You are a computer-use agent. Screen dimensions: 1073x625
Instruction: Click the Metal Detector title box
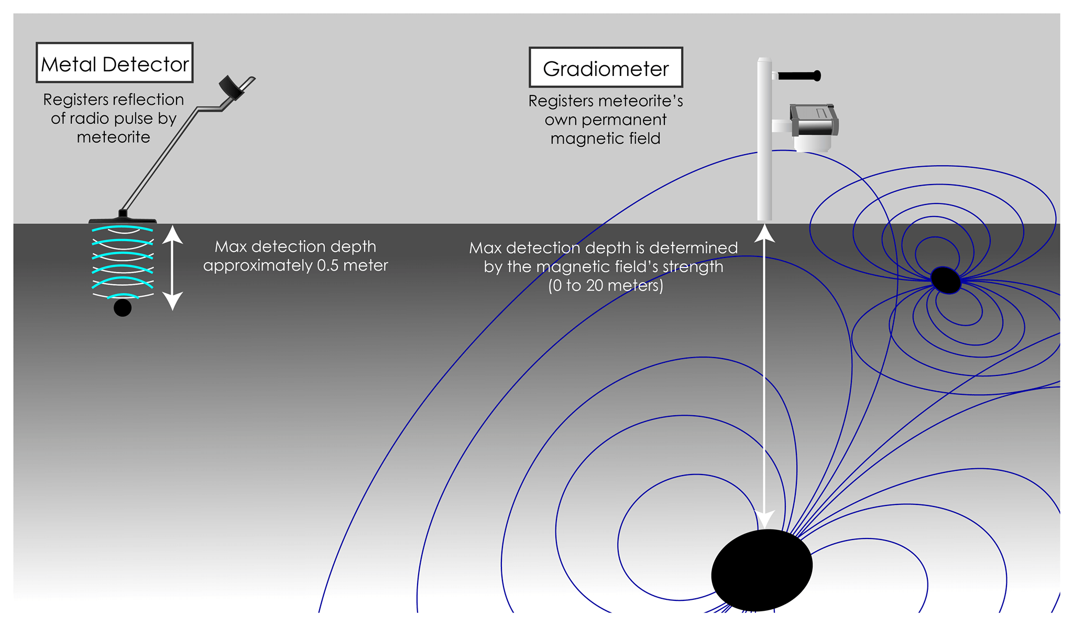point(114,63)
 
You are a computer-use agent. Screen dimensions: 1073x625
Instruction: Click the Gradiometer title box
point(606,68)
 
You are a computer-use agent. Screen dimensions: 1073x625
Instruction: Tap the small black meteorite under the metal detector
point(123,308)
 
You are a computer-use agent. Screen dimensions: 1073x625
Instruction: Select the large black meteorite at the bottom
point(762,570)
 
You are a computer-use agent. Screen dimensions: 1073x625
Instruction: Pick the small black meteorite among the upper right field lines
point(945,281)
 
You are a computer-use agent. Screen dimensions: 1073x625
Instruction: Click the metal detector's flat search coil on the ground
point(123,219)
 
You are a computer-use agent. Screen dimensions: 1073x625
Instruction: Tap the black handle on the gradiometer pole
point(800,76)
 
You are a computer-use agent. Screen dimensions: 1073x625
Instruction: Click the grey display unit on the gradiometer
point(814,121)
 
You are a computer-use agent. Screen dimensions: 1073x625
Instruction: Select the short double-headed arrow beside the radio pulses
point(172,267)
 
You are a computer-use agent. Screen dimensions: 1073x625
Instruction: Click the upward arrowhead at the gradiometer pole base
point(764,233)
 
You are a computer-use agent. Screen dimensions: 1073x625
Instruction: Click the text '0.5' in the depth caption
point(328,265)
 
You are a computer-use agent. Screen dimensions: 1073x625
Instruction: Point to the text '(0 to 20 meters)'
point(605,286)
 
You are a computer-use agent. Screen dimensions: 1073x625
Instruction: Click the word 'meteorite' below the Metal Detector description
point(113,137)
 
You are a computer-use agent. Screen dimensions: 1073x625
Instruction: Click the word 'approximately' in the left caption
point(258,266)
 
